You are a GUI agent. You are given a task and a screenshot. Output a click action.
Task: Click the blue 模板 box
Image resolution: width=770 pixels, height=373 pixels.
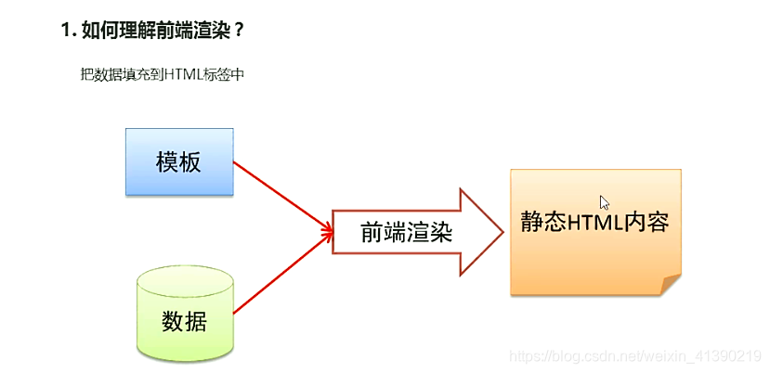tap(179, 162)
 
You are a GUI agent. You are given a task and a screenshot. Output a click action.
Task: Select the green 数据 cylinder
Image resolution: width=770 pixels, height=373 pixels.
tap(184, 313)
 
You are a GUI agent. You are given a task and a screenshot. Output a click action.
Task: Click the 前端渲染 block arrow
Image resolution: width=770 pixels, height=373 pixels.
tap(409, 232)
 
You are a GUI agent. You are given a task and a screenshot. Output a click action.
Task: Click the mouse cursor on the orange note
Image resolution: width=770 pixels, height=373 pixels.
tap(605, 202)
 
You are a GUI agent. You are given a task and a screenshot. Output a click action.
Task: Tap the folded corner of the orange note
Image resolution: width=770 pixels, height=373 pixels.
tap(670, 285)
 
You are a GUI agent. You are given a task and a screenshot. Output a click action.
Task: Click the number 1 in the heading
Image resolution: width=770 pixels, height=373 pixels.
tap(66, 31)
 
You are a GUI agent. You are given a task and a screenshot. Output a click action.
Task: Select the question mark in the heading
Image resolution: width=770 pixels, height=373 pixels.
tap(239, 31)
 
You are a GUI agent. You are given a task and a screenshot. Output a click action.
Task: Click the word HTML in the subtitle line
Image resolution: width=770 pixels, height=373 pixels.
tap(182, 75)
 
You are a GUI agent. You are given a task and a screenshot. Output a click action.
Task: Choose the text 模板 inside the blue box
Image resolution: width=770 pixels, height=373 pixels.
tap(179, 162)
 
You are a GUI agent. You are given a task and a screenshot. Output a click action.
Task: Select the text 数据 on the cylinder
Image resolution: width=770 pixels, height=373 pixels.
tap(184, 321)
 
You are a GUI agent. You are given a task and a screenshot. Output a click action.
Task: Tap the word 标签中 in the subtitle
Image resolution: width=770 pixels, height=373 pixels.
tap(228, 75)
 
